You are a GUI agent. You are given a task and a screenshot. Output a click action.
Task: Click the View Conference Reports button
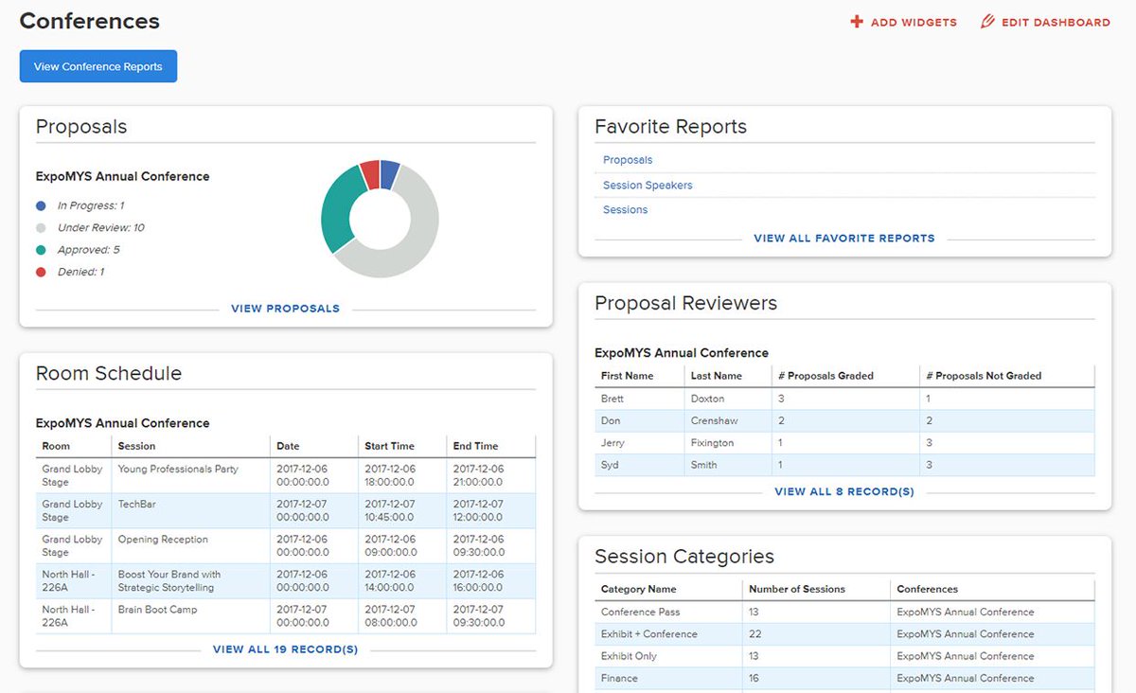pos(98,66)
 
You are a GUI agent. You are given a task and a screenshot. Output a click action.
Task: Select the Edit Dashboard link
pos(1045,22)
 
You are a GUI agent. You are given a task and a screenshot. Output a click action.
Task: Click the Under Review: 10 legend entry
pos(100,228)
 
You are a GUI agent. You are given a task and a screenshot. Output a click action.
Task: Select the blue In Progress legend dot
pos(41,205)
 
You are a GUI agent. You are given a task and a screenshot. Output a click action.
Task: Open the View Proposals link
pos(285,309)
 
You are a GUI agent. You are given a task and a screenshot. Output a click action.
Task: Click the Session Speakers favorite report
pos(648,186)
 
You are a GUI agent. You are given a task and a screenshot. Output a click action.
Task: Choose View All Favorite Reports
pos(843,239)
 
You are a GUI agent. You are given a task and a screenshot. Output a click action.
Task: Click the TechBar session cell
pos(136,505)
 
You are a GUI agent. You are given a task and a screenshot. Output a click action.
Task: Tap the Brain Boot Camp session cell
pos(157,610)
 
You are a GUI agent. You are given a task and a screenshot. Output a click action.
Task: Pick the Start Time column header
pos(389,446)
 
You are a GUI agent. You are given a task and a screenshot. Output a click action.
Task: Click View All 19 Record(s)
pos(285,649)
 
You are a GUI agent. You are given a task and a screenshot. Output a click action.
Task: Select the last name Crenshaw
pos(714,420)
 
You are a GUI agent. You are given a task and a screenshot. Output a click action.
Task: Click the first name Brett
pos(612,399)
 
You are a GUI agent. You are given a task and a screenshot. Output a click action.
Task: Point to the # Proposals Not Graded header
pos(983,376)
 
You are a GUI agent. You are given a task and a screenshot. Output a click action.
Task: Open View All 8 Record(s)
pos(843,492)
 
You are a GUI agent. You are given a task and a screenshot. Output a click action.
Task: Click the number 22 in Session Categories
pos(755,634)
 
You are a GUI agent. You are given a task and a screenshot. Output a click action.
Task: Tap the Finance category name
pos(619,678)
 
